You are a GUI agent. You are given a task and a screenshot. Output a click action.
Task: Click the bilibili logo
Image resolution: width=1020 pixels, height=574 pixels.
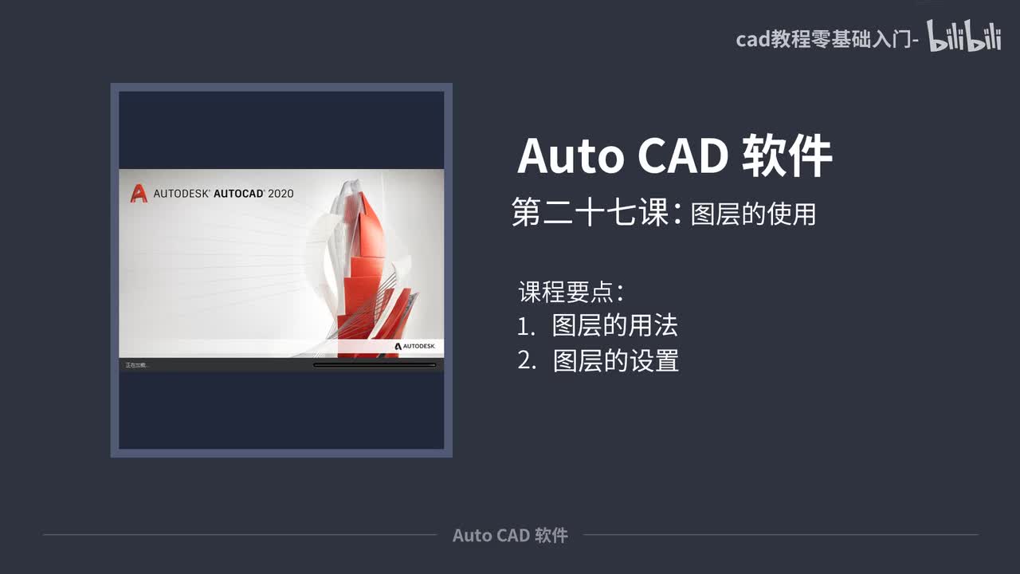pyautogui.click(x=963, y=37)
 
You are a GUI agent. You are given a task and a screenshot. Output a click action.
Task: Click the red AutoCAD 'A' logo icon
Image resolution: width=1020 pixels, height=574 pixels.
pyautogui.click(x=139, y=193)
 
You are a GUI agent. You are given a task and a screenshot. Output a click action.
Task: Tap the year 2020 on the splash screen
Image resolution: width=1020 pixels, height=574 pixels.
pyautogui.click(x=280, y=193)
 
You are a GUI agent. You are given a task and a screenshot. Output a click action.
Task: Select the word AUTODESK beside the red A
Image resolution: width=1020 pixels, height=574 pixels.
pyautogui.click(x=181, y=193)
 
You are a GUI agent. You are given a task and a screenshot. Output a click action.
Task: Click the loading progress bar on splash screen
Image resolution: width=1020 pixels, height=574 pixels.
pyautogui.click(x=375, y=365)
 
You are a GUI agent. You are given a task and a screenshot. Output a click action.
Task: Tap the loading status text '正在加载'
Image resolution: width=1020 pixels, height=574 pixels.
pyautogui.click(x=137, y=365)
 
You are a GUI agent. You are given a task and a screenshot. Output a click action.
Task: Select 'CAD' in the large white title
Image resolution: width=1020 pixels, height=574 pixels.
pyautogui.click(x=683, y=155)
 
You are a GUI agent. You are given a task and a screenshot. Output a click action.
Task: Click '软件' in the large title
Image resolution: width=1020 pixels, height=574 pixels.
pyautogui.click(x=787, y=155)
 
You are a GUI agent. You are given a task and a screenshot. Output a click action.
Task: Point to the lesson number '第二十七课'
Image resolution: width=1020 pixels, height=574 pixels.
pyautogui.click(x=590, y=214)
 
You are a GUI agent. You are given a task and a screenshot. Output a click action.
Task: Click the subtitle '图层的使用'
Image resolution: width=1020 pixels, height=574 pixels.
pyautogui.click(x=753, y=214)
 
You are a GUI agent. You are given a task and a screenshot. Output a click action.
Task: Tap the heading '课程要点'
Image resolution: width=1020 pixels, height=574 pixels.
pyautogui.click(x=567, y=291)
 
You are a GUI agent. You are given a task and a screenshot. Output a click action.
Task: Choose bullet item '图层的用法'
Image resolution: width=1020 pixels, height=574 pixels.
pyautogui.click(x=614, y=325)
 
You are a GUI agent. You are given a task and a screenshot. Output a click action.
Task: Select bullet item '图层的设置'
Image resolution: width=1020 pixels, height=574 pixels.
pyautogui.click(x=615, y=360)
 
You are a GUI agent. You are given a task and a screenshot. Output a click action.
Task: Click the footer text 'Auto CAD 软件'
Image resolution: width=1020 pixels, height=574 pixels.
pyautogui.click(x=510, y=535)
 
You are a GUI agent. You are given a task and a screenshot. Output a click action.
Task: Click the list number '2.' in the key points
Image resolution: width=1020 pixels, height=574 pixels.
pyautogui.click(x=526, y=360)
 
